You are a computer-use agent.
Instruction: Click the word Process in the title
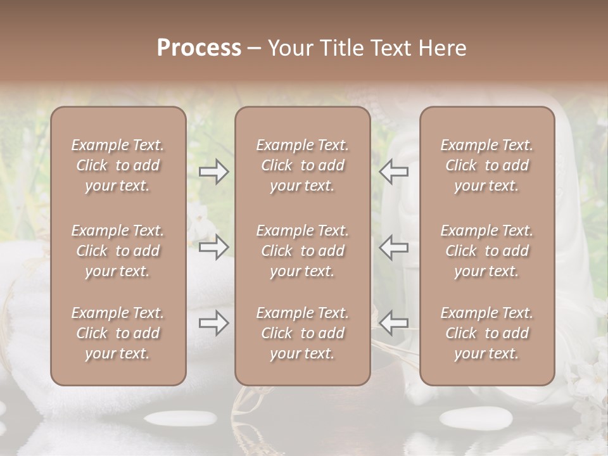(x=199, y=48)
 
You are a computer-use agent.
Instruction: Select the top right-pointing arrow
(x=214, y=172)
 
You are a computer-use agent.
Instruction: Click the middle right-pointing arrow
(x=214, y=247)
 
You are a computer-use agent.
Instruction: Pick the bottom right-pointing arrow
(x=214, y=323)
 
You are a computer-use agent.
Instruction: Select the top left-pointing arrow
(x=394, y=172)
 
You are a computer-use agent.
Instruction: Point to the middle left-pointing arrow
(x=394, y=247)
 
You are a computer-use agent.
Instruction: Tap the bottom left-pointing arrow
(x=394, y=323)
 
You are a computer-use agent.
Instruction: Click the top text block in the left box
(x=118, y=165)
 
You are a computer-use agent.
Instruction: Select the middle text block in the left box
(x=118, y=251)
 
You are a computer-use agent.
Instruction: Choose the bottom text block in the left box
(x=118, y=333)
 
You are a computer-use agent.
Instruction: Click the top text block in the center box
(x=302, y=165)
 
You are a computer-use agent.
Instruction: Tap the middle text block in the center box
(x=302, y=251)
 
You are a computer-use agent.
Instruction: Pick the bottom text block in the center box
(x=302, y=333)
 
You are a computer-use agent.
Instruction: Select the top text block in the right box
(x=486, y=165)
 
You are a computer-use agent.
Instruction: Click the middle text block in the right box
(x=486, y=251)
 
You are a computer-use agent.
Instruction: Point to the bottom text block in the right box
(x=486, y=333)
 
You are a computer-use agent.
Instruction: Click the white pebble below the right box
(x=468, y=418)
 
